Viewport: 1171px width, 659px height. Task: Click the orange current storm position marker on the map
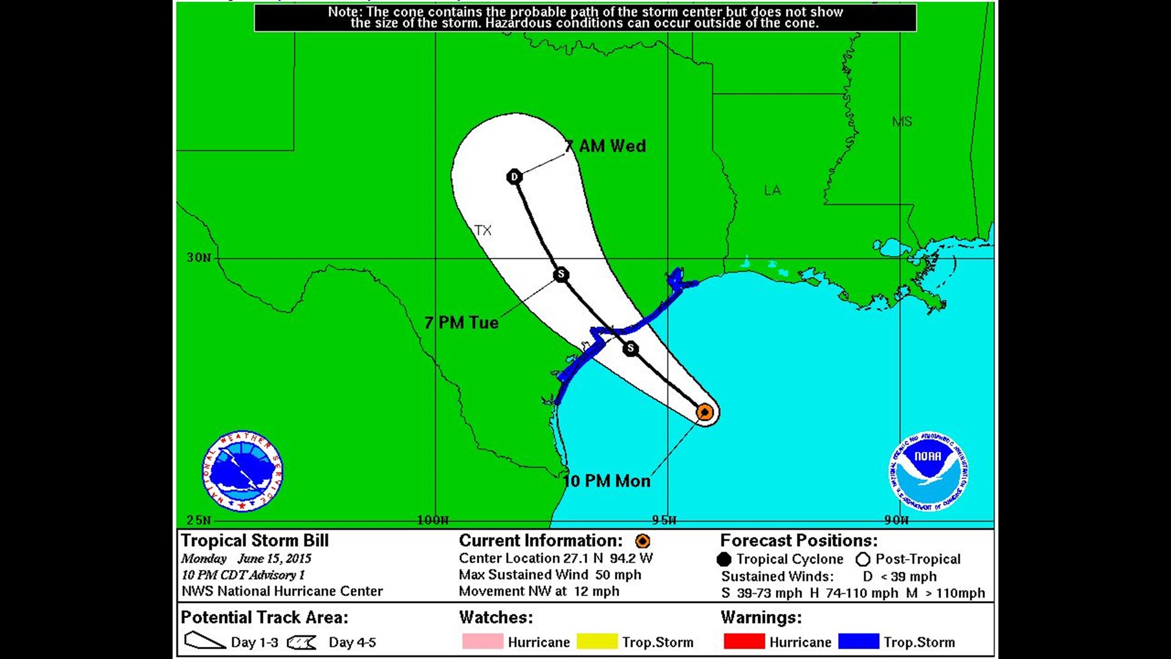point(704,412)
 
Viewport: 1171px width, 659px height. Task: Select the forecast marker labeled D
point(514,177)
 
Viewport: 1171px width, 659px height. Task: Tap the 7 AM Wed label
point(605,146)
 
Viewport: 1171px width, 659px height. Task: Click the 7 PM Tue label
point(462,322)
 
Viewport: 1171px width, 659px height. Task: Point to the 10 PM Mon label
point(607,481)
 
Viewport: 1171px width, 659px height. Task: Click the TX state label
point(483,230)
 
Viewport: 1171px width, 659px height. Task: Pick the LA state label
point(772,190)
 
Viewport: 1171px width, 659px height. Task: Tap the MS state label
point(901,121)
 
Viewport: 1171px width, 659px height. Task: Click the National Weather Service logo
point(242,471)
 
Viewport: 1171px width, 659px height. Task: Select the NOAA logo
point(928,470)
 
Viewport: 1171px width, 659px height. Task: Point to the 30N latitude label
point(199,257)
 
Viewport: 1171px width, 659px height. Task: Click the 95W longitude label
point(664,520)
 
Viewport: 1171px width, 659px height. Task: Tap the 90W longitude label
point(897,520)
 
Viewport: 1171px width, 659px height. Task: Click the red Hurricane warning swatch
point(744,641)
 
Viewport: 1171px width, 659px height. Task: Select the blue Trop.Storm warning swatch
point(859,641)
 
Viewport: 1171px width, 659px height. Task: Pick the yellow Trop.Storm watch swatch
point(597,641)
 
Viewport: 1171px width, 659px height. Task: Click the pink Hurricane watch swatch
point(482,641)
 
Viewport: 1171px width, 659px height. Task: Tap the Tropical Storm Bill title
point(255,541)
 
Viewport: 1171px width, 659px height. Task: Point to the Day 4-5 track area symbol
point(301,642)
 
